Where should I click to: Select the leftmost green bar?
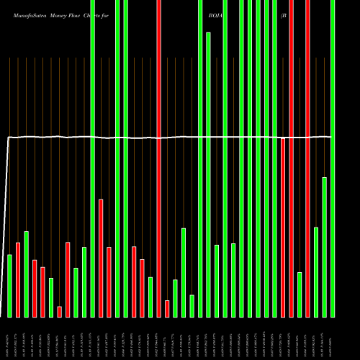(10, 286)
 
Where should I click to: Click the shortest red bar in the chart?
(60, 311)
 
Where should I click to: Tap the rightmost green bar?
(333, 158)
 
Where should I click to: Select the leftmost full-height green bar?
(93, 158)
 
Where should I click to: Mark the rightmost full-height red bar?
(308, 158)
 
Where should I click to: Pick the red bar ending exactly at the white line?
(284, 227)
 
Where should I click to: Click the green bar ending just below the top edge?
(209, 173)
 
